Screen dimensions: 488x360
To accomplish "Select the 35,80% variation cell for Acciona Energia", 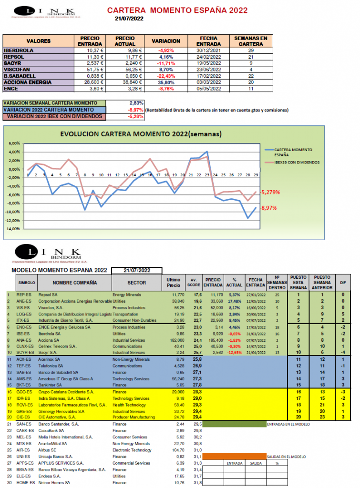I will pos(165,82).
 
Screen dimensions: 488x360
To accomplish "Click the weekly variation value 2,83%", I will pos(136,103).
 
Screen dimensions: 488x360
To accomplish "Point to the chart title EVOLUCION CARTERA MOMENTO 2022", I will pos(141,134).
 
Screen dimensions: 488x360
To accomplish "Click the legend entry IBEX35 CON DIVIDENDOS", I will pos(297,163).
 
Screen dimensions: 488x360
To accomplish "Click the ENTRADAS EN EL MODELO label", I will pos(288,424).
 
